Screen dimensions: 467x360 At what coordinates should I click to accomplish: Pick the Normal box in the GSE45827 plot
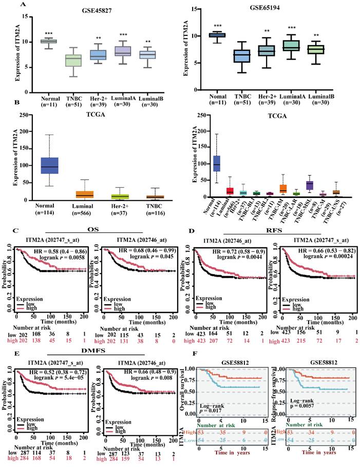[49, 41]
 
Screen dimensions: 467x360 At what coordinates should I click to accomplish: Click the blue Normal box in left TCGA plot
[50, 166]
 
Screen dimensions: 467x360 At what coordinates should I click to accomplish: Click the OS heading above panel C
[93, 230]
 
